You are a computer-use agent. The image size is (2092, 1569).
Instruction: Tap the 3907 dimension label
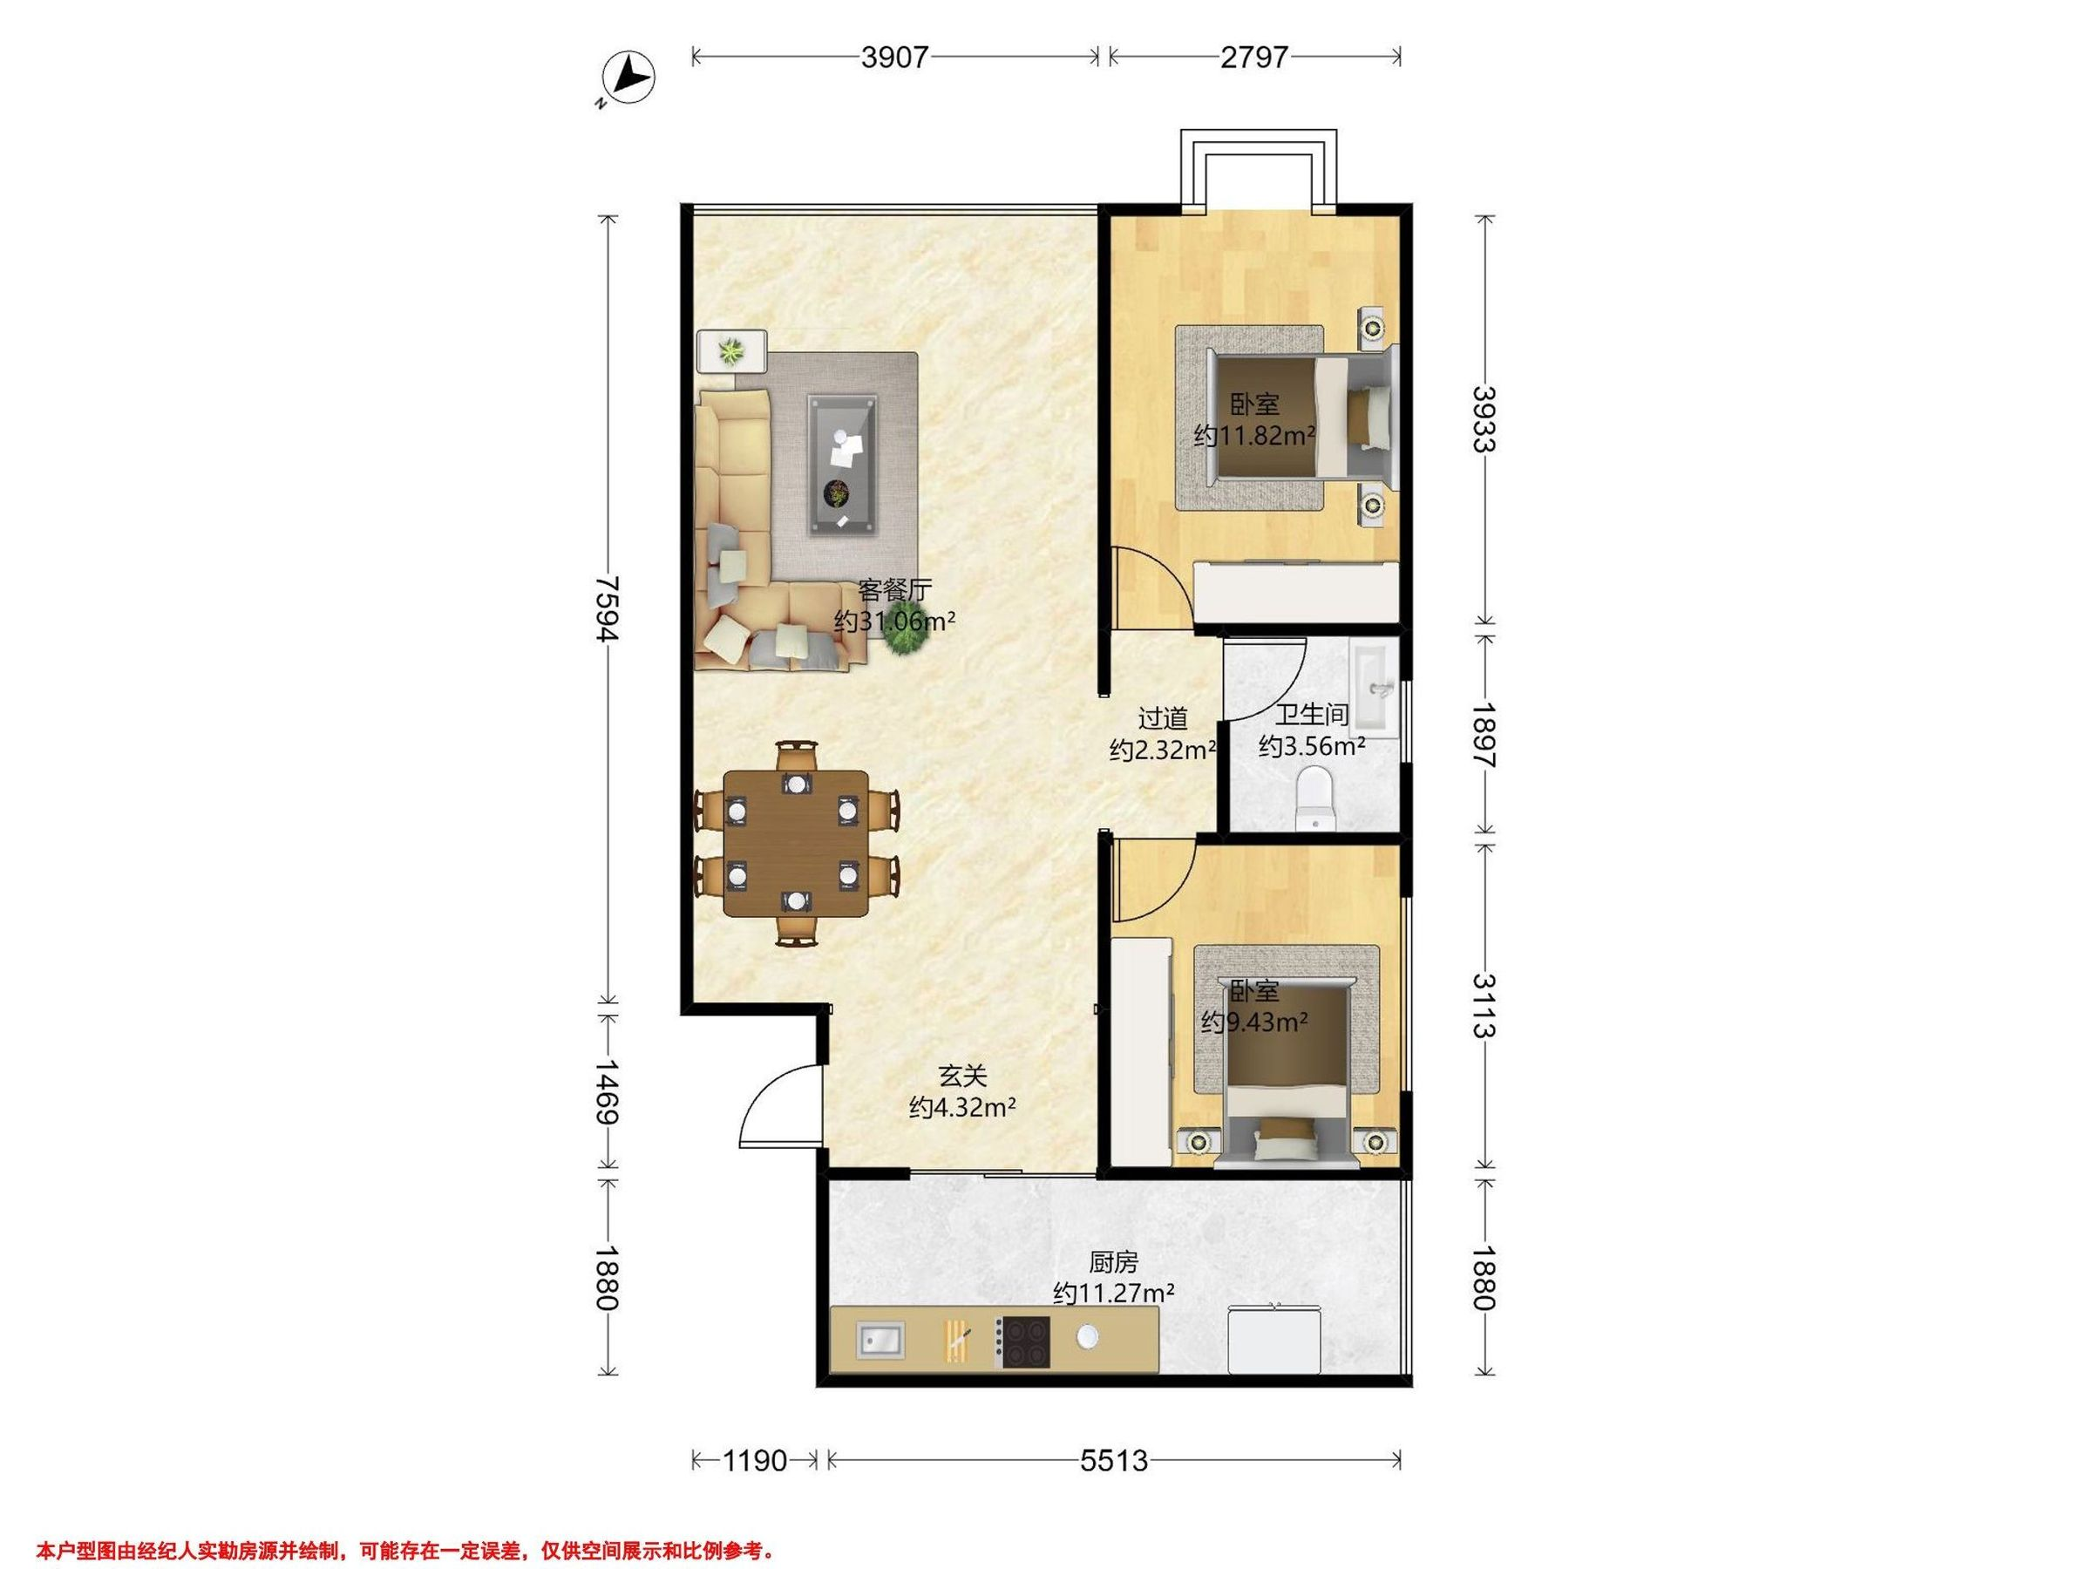894,58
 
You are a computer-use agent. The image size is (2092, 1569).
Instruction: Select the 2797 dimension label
1254,58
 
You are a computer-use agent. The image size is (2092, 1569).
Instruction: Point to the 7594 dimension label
608,609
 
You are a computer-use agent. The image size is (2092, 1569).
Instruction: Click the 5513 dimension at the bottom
1114,1461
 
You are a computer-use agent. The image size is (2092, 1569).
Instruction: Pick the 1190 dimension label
755,1461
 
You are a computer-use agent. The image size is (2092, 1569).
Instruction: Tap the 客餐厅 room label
894,590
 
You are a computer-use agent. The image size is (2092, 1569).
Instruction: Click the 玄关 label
963,1076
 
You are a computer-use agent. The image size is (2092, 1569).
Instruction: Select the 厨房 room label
1113,1261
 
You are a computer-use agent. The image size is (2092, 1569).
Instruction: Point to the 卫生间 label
1312,714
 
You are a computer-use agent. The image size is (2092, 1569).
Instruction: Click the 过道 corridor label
1162,719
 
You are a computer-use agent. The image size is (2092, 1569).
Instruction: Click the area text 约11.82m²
1255,436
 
